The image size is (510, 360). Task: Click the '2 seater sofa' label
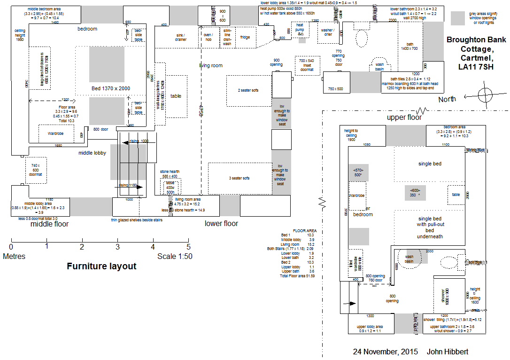point(248,90)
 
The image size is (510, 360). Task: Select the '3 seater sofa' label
point(240,178)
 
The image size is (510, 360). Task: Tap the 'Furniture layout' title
point(101,266)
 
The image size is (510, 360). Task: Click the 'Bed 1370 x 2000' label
point(110,88)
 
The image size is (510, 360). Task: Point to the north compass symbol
point(486,93)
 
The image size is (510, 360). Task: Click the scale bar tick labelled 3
point(117,246)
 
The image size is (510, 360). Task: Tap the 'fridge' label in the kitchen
point(245,37)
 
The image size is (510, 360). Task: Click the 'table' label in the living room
point(176,96)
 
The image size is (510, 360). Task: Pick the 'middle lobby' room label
point(93,153)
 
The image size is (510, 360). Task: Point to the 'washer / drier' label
point(327,32)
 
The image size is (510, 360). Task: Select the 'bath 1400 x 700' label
point(409,46)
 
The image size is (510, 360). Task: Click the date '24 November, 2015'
point(386,352)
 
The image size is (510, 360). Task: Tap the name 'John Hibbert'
point(448,352)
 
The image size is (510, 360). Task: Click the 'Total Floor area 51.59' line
point(297,276)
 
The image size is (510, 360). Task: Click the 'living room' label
point(211,65)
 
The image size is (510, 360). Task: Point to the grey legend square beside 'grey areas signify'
point(457,18)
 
